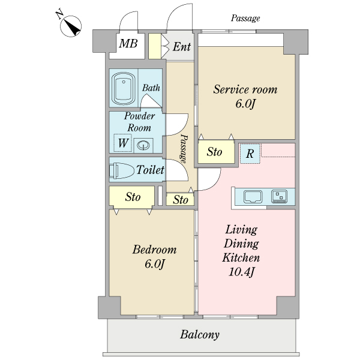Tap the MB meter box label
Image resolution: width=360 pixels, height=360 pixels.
click(128, 43)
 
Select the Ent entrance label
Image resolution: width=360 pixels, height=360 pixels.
click(182, 47)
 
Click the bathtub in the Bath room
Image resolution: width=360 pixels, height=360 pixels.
click(123, 88)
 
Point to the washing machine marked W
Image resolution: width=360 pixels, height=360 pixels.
click(123, 143)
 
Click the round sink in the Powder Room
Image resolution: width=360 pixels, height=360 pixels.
click(143, 145)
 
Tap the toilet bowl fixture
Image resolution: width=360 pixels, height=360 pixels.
click(122, 170)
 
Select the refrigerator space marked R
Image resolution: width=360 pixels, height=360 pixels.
click(250, 154)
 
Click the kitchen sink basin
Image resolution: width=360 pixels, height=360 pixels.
click(253, 197)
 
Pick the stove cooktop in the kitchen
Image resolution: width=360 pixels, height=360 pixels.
click(279, 196)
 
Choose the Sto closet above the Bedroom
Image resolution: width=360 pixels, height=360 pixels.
click(132, 196)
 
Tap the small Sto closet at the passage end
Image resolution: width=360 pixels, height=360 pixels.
click(180, 200)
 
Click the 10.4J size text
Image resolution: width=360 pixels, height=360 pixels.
click(242, 272)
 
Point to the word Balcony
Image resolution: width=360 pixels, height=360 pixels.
click(200, 335)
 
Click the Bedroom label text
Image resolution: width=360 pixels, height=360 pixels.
click(155, 250)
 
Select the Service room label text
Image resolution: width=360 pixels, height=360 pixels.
click(245, 89)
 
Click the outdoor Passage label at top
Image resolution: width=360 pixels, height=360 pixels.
click(245, 19)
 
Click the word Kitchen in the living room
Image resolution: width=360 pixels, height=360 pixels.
click(241, 258)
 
